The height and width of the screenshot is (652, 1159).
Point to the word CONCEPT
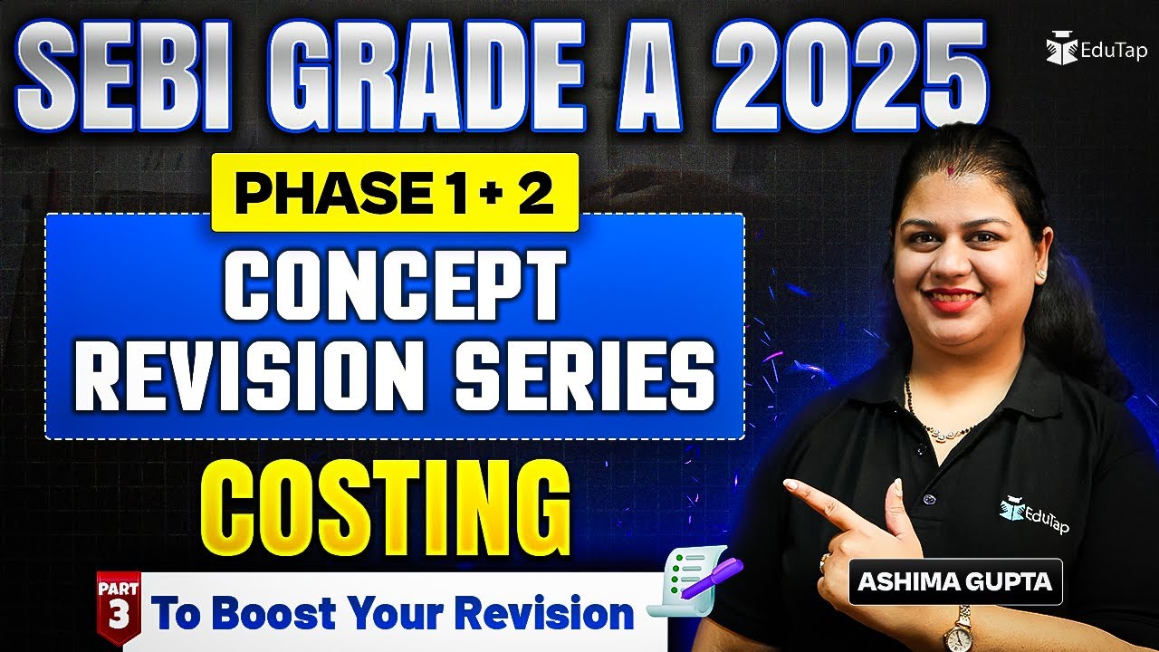tap(395, 286)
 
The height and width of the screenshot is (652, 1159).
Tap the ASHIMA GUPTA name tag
tap(954, 581)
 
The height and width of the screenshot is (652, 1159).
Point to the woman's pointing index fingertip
tap(789, 487)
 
